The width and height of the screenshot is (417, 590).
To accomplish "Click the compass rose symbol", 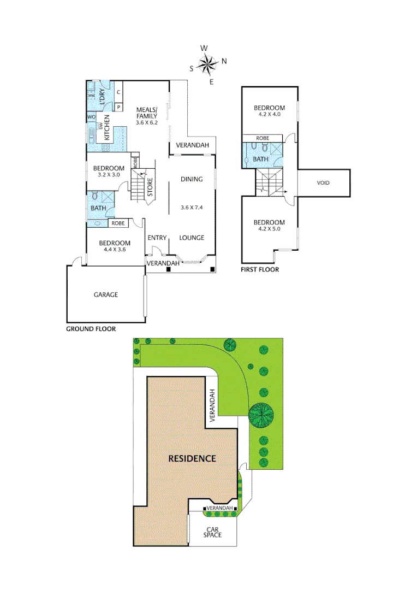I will (207, 65).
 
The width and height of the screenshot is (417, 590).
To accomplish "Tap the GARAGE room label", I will (105, 295).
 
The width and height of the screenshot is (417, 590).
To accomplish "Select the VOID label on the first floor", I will (323, 183).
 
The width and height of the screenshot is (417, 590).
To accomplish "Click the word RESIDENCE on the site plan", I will (192, 458).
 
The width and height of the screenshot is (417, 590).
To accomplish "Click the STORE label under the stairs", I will (150, 186).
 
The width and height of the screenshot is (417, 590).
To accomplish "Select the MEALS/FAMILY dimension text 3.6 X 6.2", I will (147, 122).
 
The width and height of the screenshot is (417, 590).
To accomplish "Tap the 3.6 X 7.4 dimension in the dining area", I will (192, 208).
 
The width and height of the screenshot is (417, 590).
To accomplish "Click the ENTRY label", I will (157, 238).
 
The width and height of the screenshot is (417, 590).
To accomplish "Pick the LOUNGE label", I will (192, 238).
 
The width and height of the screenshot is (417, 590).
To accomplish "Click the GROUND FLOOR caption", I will (91, 329).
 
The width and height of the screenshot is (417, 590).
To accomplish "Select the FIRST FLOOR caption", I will (260, 270).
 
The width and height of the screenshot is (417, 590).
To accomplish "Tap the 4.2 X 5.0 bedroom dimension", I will (269, 229).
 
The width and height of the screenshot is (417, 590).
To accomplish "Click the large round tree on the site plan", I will (262, 416).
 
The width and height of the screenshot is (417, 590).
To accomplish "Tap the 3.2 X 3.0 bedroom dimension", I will (109, 175).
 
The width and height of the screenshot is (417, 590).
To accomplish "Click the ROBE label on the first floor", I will (263, 139).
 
